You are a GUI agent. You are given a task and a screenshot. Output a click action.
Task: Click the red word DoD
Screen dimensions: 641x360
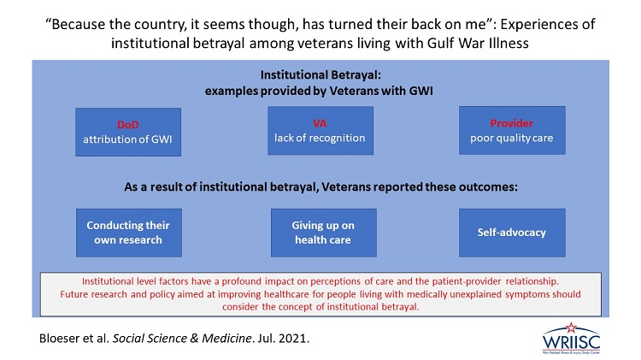tap(128, 124)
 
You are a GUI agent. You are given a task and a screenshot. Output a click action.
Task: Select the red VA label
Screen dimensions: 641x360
tap(320, 123)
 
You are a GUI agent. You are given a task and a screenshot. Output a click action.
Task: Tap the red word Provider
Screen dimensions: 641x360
tap(511, 123)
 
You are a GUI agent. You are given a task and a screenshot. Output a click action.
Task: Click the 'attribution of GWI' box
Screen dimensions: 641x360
tap(128, 132)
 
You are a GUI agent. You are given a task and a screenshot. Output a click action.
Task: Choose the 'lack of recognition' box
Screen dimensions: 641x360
tap(320, 131)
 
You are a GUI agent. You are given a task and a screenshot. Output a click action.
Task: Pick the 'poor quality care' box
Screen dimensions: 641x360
tap(512, 130)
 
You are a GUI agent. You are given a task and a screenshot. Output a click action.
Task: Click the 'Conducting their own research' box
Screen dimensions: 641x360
tap(129, 233)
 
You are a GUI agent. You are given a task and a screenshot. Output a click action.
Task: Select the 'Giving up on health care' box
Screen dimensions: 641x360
tap(324, 233)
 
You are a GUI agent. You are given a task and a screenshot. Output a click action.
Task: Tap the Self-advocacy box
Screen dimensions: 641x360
tap(512, 233)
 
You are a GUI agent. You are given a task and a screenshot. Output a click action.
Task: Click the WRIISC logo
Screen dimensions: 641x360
tap(571, 339)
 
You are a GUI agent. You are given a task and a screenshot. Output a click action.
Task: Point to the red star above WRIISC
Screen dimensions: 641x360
tap(571, 328)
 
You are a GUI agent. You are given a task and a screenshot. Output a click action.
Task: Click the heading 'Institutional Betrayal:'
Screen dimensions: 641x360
tap(320, 75)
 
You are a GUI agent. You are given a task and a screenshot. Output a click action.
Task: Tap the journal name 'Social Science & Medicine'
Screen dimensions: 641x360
tap(182, 339)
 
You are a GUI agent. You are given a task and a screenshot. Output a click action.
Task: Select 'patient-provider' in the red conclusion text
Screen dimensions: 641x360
tap(467, 281)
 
